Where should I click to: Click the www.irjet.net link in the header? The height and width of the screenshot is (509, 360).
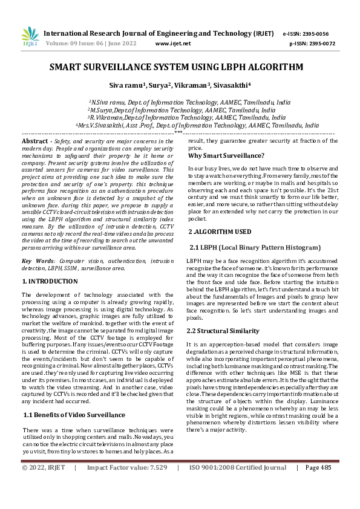coord(173,44)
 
